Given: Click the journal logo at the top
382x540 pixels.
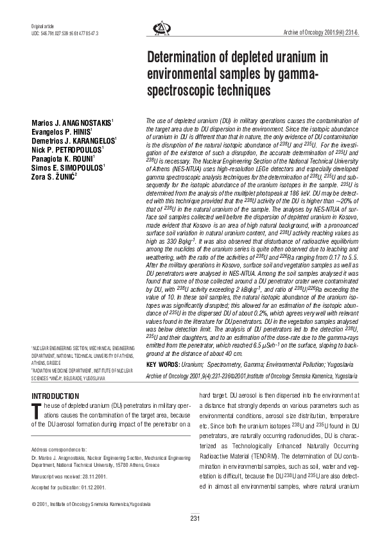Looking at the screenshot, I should [x=159, y=28].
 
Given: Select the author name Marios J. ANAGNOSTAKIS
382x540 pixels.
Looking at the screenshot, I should [x=73, y=122].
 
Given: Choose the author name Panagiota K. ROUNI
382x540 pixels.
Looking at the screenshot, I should [x=64, y=158].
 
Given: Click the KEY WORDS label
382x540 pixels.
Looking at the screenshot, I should [x=163, y=365].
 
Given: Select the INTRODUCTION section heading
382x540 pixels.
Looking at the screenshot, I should [x=55, y=396].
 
